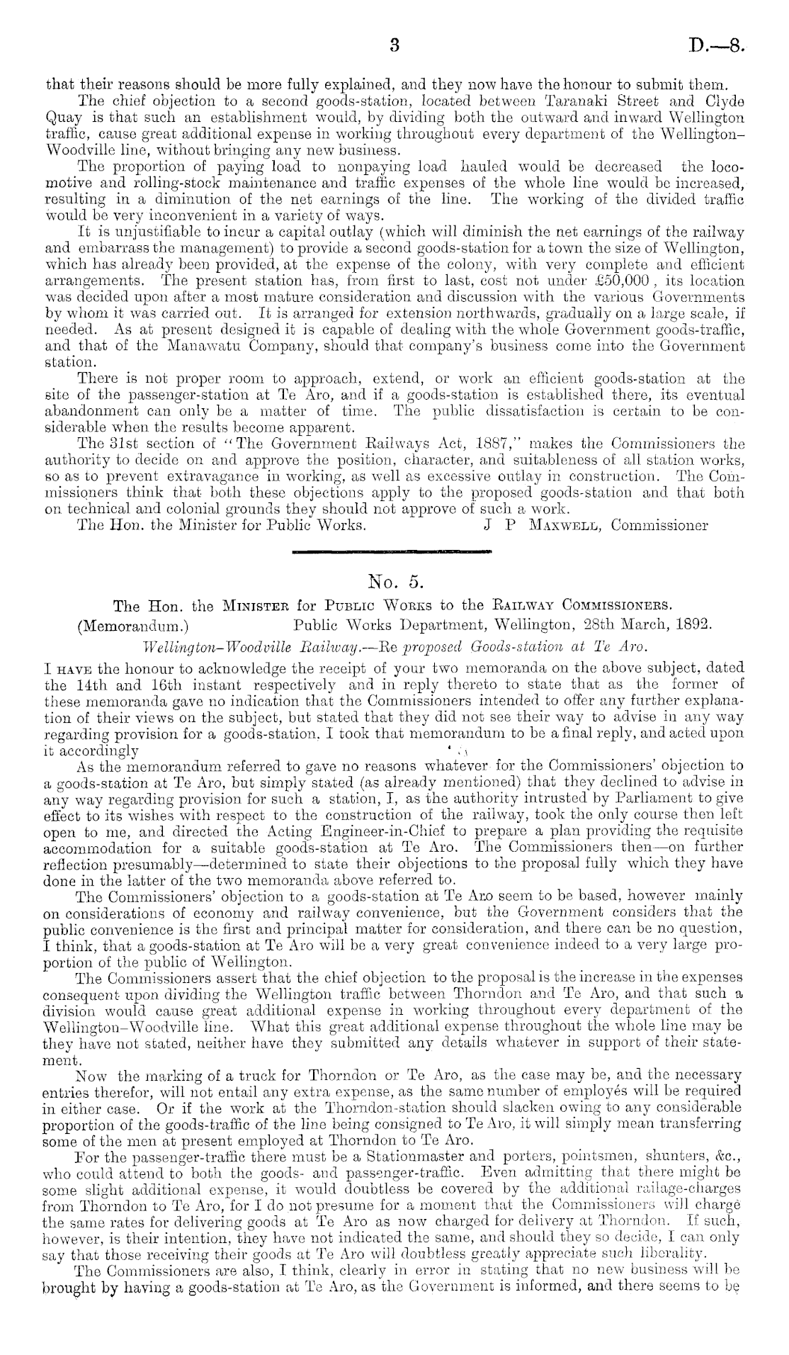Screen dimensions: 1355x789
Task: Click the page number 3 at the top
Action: coord(395,47)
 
